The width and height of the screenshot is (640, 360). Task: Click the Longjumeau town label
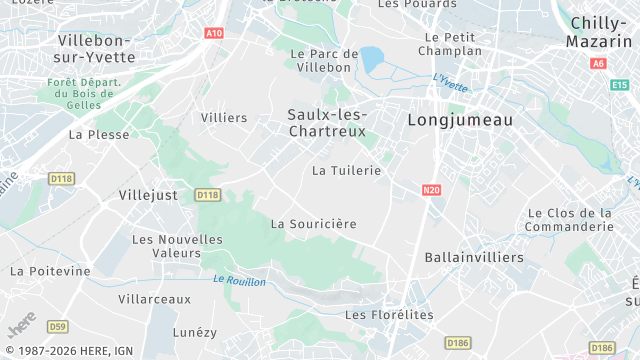tap(460, 120)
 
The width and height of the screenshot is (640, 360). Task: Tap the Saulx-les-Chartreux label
tap(326, 123)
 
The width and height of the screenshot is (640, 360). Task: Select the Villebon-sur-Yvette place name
tap(95, 48)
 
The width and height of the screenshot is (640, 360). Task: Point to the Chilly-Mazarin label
tap(599, 32)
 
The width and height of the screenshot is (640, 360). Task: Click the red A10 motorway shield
tap(213, 33)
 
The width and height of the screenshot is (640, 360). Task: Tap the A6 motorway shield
tap(599, 63)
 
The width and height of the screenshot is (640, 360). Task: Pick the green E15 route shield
tap(619, 86)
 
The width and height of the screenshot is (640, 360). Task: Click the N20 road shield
tap(431, 189)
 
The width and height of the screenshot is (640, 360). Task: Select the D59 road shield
tap(58, 326)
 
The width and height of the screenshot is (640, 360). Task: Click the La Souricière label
tap(314, 224)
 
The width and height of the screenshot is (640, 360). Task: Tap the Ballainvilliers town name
tap(474, 258)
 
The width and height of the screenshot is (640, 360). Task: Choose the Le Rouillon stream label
tap(240, 281)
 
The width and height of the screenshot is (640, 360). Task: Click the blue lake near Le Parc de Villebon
tap(371, 60)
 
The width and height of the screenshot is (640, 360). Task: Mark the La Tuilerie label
tap(347, 171)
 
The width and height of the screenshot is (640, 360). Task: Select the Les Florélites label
tap(389, 315)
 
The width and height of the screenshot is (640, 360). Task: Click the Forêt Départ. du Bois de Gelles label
tap(84, 93)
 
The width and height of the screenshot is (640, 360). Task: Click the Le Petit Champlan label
tap(450, 43)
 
